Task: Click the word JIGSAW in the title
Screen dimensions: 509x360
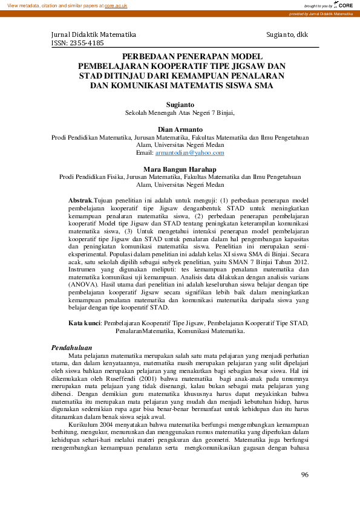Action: (249, 65)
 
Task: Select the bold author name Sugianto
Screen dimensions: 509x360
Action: (178, 104)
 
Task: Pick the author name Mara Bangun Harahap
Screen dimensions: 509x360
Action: (178, 169)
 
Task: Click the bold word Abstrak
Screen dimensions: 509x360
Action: (80, 199)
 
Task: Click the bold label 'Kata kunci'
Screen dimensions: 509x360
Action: (83, 323)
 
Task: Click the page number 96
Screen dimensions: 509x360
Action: (304, 474)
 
